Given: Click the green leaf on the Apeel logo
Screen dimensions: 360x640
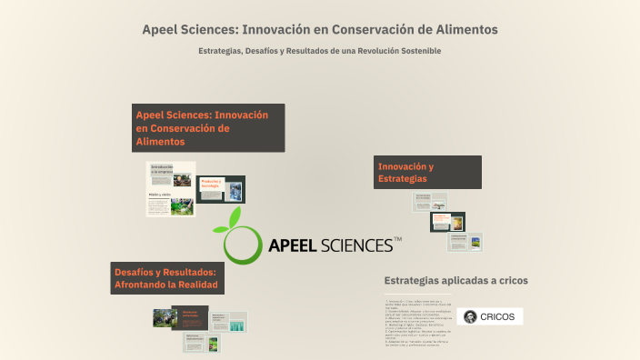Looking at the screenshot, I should point(235,216).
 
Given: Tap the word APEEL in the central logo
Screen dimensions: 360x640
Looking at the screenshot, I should point(293,245).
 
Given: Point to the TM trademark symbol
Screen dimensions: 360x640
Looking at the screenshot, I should point(397,239).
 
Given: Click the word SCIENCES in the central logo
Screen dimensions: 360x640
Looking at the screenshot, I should point(357,245).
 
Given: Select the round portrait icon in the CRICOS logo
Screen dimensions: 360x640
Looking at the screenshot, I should point(469,317).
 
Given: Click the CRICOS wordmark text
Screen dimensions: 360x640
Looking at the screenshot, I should point(497,317).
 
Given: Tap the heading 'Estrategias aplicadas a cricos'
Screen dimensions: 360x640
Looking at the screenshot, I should point(455,280).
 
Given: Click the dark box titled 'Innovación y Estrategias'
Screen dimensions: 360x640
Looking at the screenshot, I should point(427,173).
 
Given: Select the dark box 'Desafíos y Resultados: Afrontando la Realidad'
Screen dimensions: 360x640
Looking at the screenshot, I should point(165,277).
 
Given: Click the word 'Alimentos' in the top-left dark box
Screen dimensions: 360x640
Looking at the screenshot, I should point(160,142).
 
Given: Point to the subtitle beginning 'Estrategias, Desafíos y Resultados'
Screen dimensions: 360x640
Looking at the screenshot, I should point(319,51).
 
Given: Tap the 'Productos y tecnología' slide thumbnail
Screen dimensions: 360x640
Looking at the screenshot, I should point(212,187).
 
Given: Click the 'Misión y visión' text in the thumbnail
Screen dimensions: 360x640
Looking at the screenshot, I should point(160,195).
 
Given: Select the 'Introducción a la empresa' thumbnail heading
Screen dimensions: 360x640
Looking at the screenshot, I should point(162,169).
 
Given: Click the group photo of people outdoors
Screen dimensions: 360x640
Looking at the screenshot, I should point(165,317).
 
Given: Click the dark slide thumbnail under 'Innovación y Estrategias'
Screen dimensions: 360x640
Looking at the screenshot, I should point(446,222).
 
